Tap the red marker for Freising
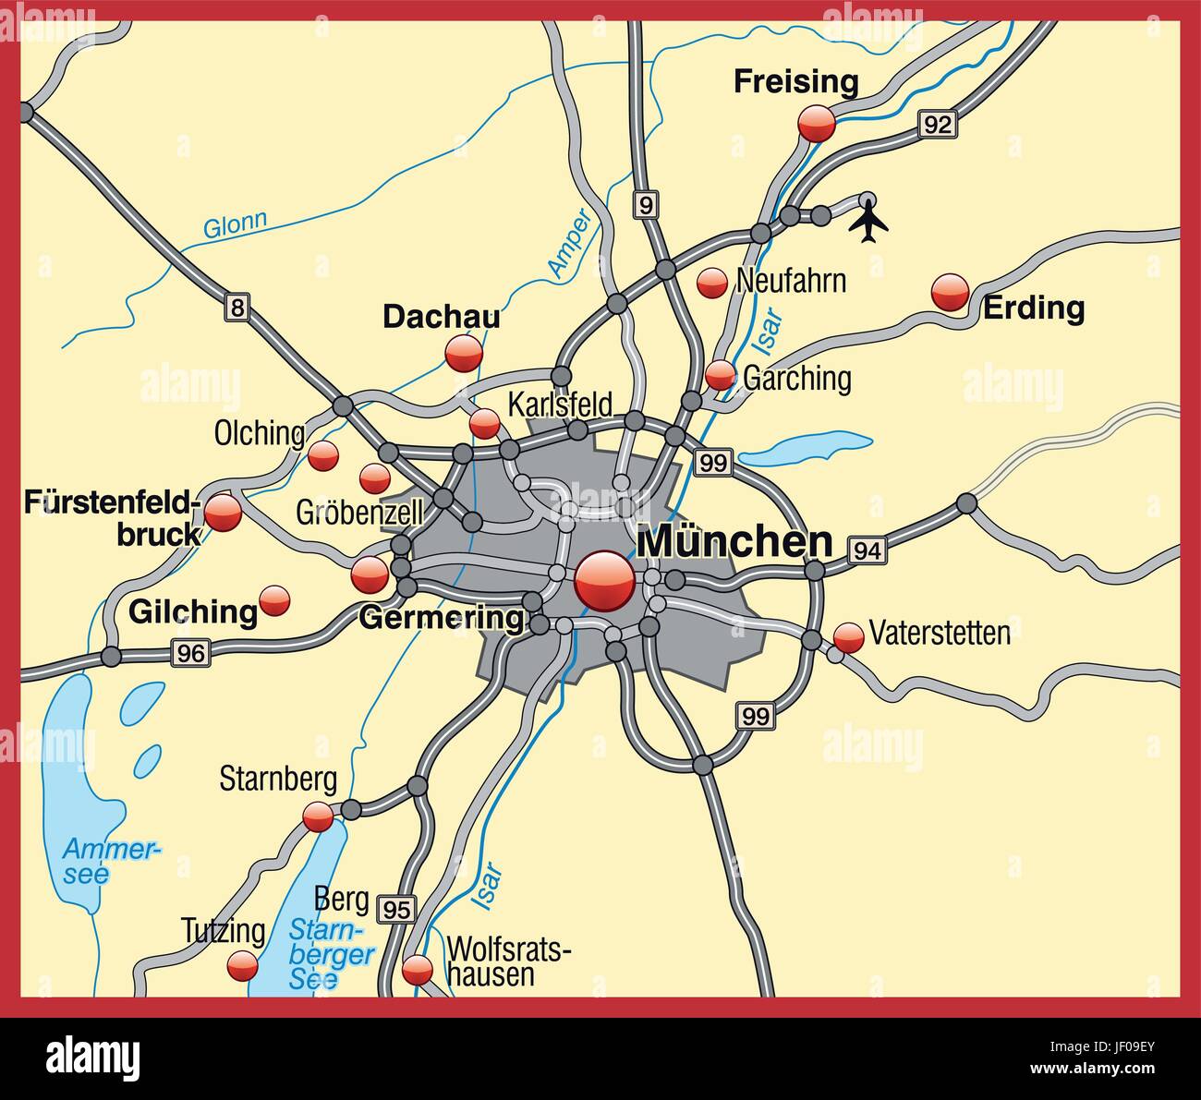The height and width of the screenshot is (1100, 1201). (817, 123)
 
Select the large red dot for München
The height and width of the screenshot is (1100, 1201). (605, 581)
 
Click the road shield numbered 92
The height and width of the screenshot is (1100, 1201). (936, 125)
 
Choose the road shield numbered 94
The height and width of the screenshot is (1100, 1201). (867, 550)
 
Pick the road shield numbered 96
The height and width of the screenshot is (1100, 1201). (190, 653)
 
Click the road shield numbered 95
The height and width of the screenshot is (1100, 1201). (397, 909)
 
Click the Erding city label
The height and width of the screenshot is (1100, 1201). (1034, 308)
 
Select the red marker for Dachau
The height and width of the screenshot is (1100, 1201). (464, 353)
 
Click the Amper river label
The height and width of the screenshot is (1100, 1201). (568, 243)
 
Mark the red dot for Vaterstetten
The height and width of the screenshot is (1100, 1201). (848, 636)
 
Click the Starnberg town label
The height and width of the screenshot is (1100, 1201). (278, 780)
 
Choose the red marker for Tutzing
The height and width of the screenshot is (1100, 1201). (242, 967)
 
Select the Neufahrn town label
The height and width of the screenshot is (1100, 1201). (791, 281)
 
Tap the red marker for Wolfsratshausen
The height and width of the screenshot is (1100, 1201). (418, 969)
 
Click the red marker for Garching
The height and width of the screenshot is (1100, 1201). (720, 375)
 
